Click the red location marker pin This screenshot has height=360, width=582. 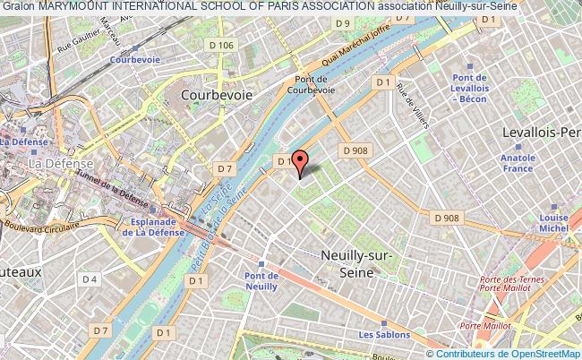pyautogui.click(x=299, y=161)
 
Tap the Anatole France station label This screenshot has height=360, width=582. pyautogui.click(x=543, y=163)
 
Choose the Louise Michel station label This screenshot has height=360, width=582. pyautogui.click(x=554, y=222)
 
